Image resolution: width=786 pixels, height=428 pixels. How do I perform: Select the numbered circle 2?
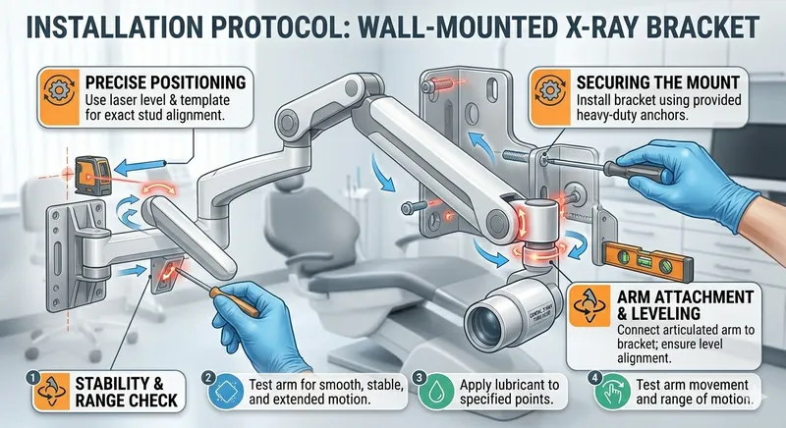click(208, 376)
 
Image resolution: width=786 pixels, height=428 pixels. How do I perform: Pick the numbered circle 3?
click(419, 376)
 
